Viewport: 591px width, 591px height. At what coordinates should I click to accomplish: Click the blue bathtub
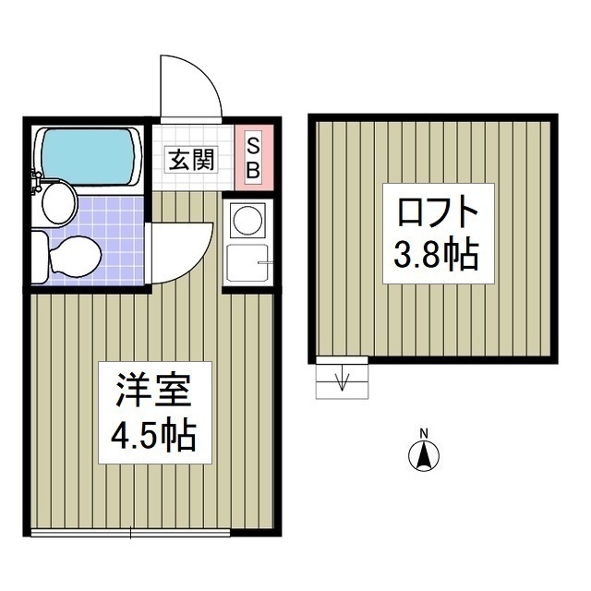coord(89,150)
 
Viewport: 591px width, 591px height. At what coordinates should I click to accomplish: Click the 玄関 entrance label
coord(191,159)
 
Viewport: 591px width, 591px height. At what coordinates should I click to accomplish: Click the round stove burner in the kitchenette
coord(247,220)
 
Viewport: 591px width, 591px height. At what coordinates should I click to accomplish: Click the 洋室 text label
coord(153,391)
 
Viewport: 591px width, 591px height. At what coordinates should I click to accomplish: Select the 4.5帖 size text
coord(153,434)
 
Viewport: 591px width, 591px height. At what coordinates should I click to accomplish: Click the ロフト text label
coord(438,215)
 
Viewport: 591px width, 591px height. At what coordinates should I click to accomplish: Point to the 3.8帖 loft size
coord(438,254)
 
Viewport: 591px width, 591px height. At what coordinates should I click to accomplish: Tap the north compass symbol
coord(424,455)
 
